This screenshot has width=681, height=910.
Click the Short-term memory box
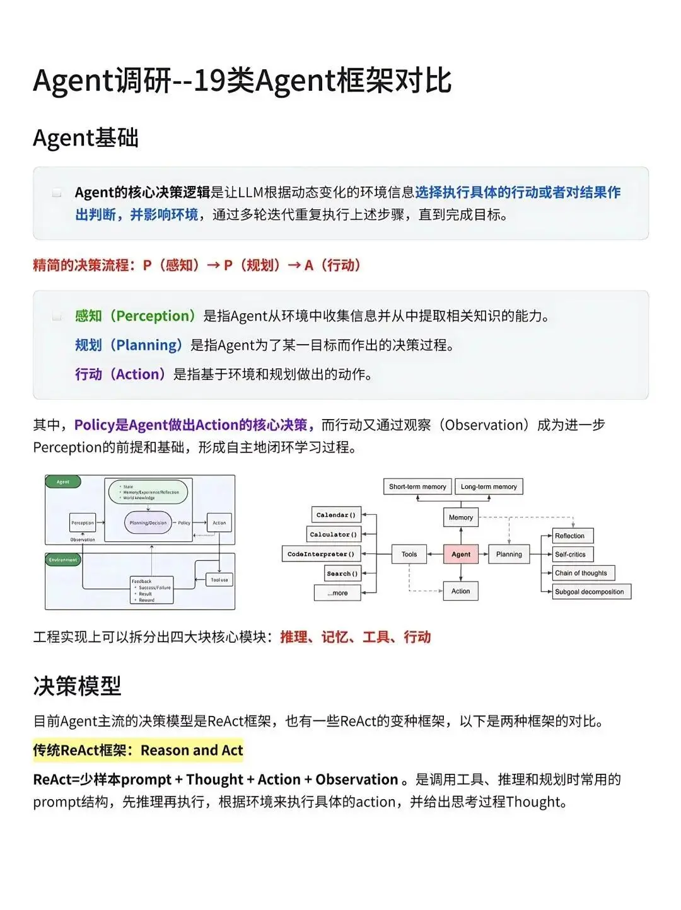[417, 487]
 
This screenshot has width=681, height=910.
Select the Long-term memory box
[489, 487]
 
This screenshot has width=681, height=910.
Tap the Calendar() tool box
[336, 515]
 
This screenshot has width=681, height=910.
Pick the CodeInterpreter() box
[321, 554]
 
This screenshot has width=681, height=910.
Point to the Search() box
[342, 573]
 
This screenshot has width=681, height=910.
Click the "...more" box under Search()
[337, 592]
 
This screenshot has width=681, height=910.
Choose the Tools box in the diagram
[409, 554]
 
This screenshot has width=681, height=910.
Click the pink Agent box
[461, 554]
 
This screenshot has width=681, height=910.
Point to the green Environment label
[63, 560]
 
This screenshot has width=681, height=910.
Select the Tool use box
[219, 580]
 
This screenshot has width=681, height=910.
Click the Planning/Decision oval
[148, 522]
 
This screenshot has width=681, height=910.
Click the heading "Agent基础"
[86, 137]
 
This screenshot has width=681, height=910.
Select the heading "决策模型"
[77, 686]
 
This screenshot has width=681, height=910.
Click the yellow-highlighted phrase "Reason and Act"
[192, 751]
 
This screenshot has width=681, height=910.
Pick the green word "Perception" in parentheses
[156, 316]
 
